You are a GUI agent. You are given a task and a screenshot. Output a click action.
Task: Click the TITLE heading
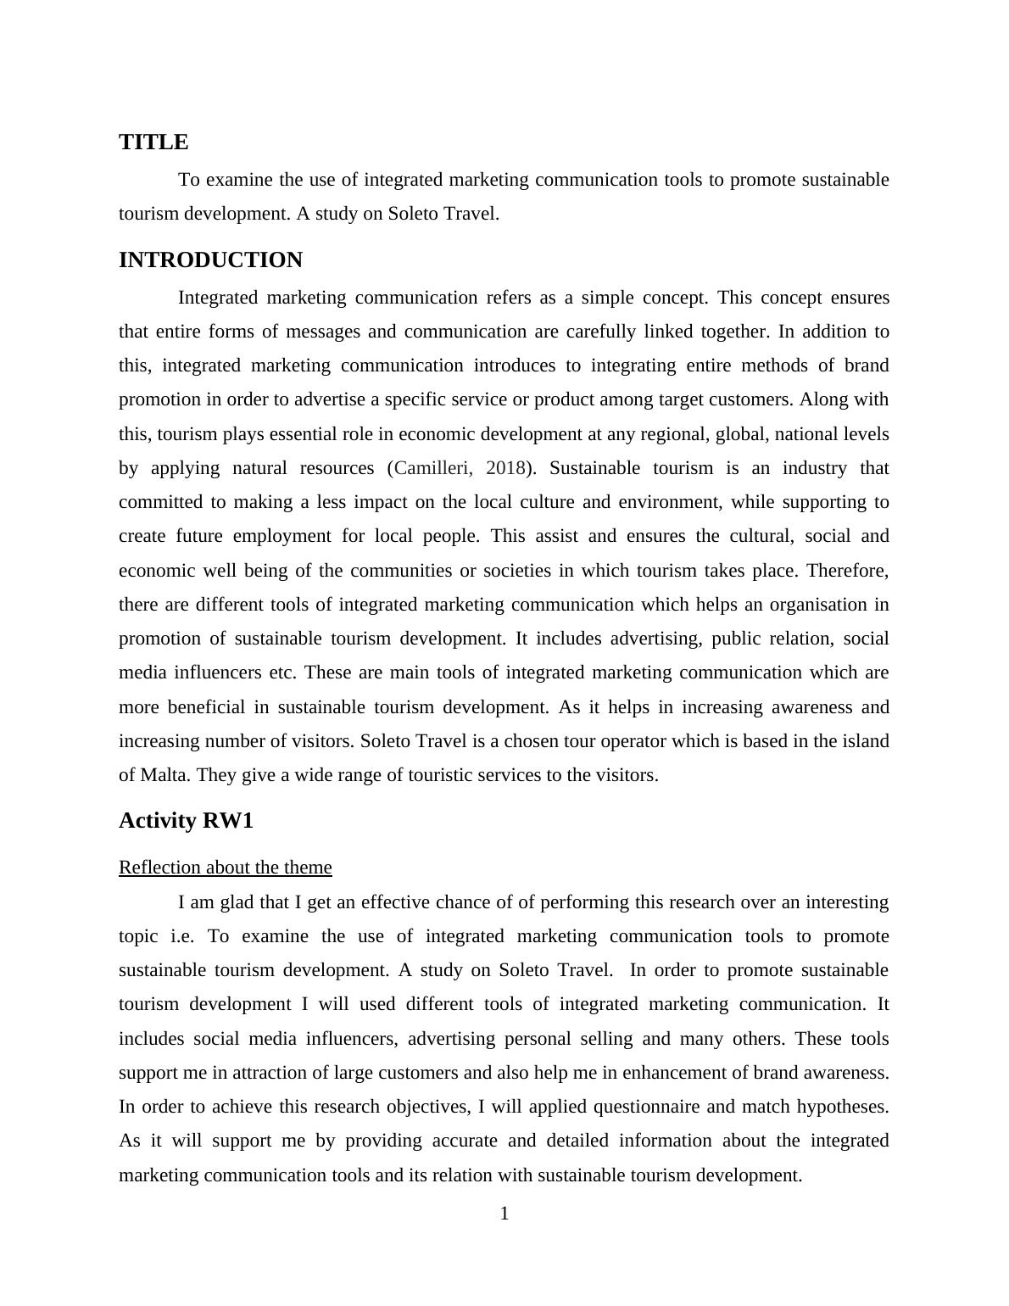[x=153, y=142]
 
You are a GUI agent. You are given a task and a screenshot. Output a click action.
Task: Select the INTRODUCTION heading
[x=210, y=260]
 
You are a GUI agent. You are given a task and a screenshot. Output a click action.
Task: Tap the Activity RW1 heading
[x=186, y=820]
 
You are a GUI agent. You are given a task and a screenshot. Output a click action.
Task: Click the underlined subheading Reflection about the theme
[x=225, y=867]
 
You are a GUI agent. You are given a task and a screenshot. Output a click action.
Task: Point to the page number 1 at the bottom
[x=504, y=1214]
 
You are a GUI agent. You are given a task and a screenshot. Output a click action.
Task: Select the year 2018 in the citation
[x=506, y=468]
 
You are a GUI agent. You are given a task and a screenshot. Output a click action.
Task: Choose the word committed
[x=159, y=502]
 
